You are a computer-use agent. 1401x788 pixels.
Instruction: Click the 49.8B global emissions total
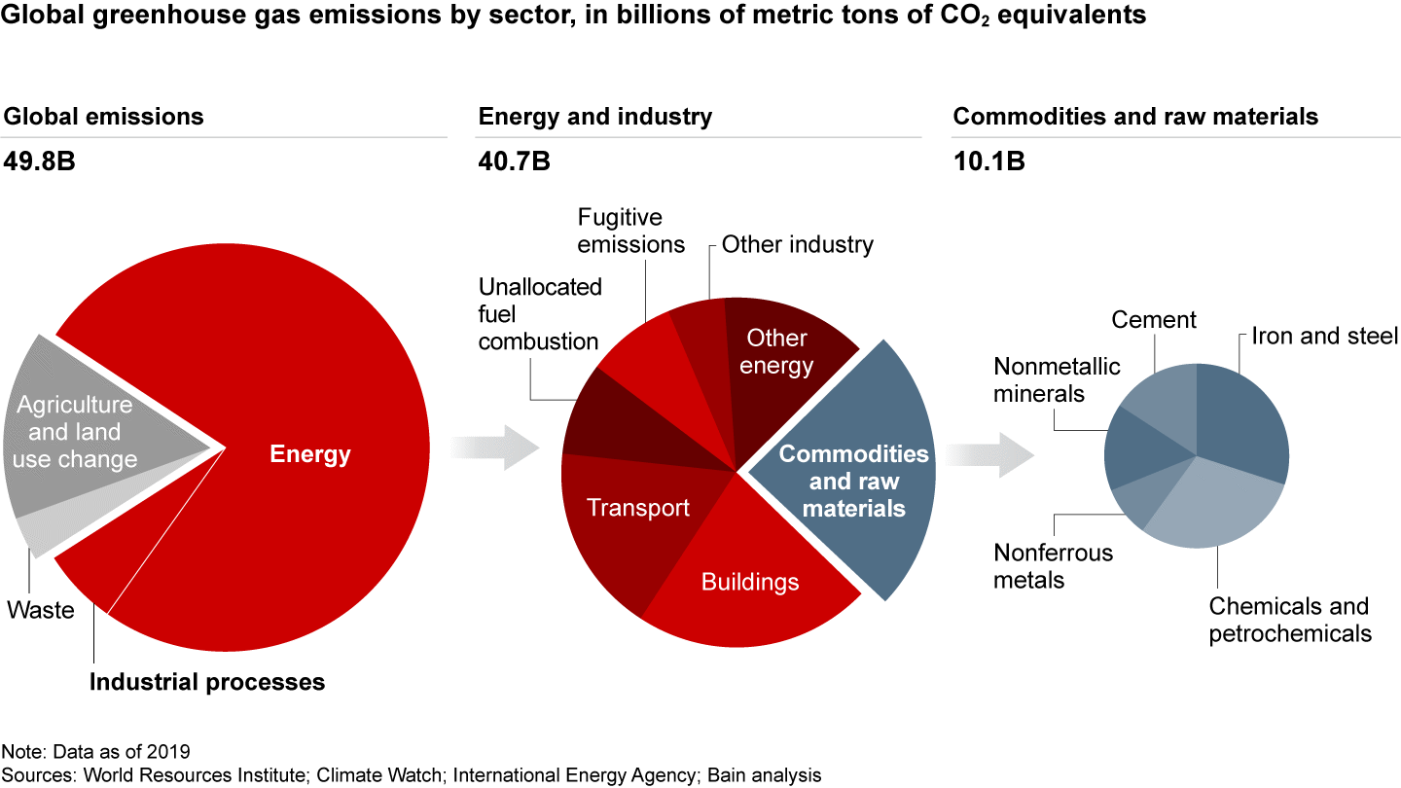(x=40, y=161)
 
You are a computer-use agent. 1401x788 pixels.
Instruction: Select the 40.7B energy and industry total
(x=514, y=161)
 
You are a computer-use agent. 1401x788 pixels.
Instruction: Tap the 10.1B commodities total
(x=988, y=161)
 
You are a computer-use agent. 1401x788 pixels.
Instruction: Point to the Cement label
(x=1154, y=320)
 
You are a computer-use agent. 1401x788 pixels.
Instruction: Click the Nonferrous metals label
(x=1053, y=566)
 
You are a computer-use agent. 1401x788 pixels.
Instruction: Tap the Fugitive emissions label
(x=631, y=231)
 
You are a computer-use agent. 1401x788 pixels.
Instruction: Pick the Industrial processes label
(x=207, y=682)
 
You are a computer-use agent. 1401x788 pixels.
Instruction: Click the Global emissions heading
(x=104, y=117)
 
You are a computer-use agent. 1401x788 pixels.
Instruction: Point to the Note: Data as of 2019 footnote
(x=95, y=752)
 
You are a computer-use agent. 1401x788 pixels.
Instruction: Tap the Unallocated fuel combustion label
(x=540, y=314)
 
